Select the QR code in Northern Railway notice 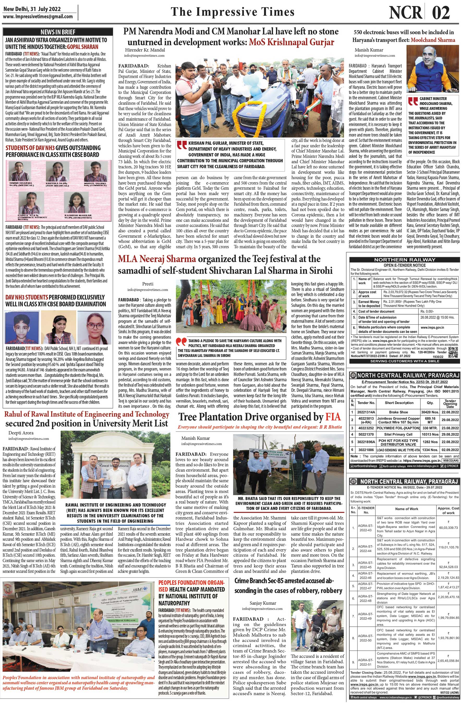coord(452,350)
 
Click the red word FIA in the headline coord(333,417)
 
